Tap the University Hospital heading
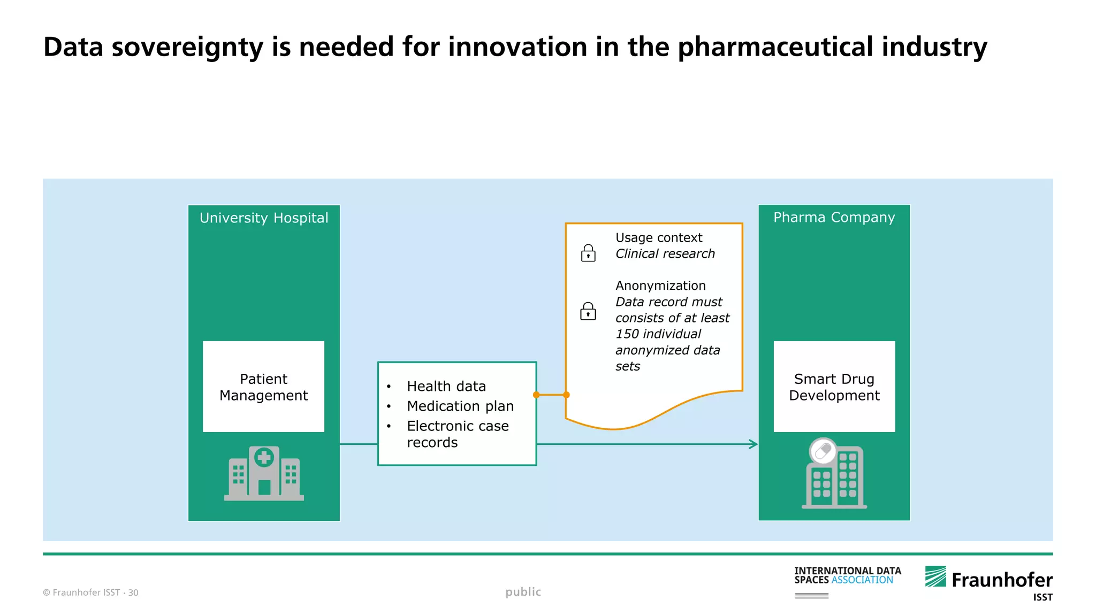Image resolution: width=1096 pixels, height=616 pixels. (264, 218)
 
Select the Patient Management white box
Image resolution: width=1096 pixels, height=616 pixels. (263, 387)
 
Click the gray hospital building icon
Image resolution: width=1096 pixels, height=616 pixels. (264, 474)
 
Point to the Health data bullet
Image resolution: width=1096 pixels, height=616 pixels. (446, 386)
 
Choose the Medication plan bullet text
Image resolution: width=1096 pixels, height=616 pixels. (460, 406)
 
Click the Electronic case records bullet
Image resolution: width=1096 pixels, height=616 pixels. (458, 434)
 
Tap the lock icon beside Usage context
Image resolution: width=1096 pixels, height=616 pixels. (588, 253)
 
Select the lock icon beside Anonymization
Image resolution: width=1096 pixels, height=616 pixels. (588, 311)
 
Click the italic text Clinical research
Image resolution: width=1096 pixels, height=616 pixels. (665, 253)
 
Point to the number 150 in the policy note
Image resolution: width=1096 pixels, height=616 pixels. (627, 334)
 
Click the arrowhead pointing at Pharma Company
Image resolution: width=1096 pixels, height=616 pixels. (753, 444)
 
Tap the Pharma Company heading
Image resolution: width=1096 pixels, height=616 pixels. (834, 218)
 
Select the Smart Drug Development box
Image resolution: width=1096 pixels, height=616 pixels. (834, 387)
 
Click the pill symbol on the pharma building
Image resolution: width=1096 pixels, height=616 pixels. (823, 451)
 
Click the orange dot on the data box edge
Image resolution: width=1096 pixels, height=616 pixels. (536, 395)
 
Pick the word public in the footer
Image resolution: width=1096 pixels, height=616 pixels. (523, 592)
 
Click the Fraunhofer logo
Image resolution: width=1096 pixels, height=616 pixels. (988, 580)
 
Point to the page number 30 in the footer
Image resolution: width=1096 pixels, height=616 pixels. (133, 592)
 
